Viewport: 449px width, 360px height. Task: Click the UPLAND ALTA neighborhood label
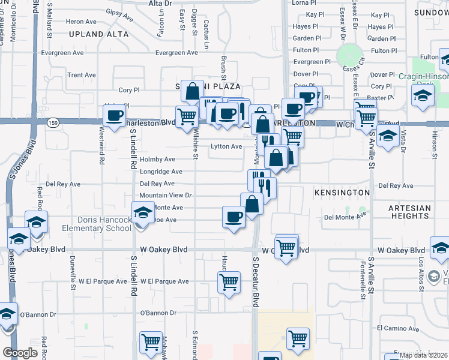coord(98,35)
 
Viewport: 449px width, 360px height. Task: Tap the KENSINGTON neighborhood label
coord(342,192)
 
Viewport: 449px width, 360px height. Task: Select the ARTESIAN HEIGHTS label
coord(410,212)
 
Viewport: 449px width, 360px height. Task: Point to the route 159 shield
coord(52,122)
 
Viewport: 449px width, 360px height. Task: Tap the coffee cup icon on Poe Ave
coord(233,217)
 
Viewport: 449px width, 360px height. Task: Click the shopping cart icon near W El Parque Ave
coord(229,281)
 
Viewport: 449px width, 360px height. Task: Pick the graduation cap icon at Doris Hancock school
coord(143,212)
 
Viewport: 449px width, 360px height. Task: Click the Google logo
coord(20,353)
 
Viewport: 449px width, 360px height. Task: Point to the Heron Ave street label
coord(81,22)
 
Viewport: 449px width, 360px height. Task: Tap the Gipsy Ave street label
coord(119,12)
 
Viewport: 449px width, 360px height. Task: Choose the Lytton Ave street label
coord(226,146)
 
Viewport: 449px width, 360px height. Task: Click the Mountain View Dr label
coord(165,196)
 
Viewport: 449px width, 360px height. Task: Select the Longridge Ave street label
coord(161,172)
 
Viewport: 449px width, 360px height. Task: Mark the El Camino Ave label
coord(396,328)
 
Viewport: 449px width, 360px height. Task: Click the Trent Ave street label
coord(82,75)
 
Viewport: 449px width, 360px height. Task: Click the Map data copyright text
coord(423,355)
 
